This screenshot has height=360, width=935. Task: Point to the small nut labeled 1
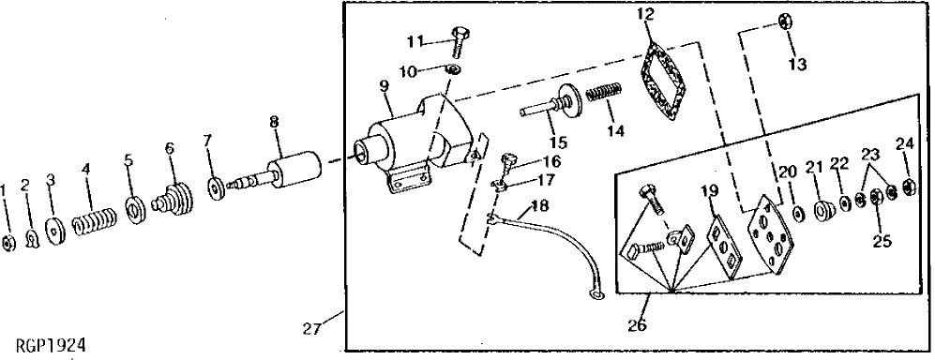(8, 244)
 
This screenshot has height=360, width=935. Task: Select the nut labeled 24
(908, 184)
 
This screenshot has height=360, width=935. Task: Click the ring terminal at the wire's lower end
(595, 298)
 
